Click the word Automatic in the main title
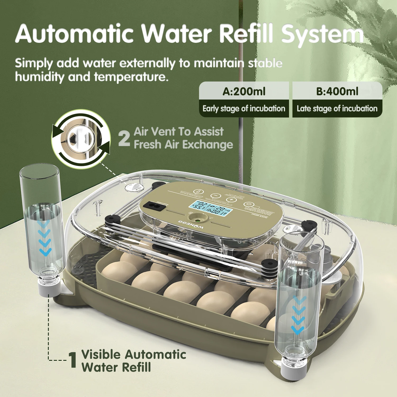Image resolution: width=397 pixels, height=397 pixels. tap(74, 34)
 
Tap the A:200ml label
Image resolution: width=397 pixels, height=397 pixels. tap(244, 92)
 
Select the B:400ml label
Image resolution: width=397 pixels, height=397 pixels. tap(337, 92)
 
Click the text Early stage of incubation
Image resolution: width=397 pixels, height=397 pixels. tap(244, 109)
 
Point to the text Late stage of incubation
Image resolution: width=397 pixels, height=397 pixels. tap(337, 109)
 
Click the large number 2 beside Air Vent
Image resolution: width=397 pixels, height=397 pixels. tap(124, 138)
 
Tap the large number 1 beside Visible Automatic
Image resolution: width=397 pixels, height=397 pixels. tap(73, 360)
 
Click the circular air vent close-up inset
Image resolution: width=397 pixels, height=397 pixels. tap(81, 139)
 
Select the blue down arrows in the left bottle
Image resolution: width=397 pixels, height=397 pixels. tap(45, 238)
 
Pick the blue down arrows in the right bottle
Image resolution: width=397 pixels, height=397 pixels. tap(299, 315)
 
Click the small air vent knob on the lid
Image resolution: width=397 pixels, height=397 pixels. tap(134, 187)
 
